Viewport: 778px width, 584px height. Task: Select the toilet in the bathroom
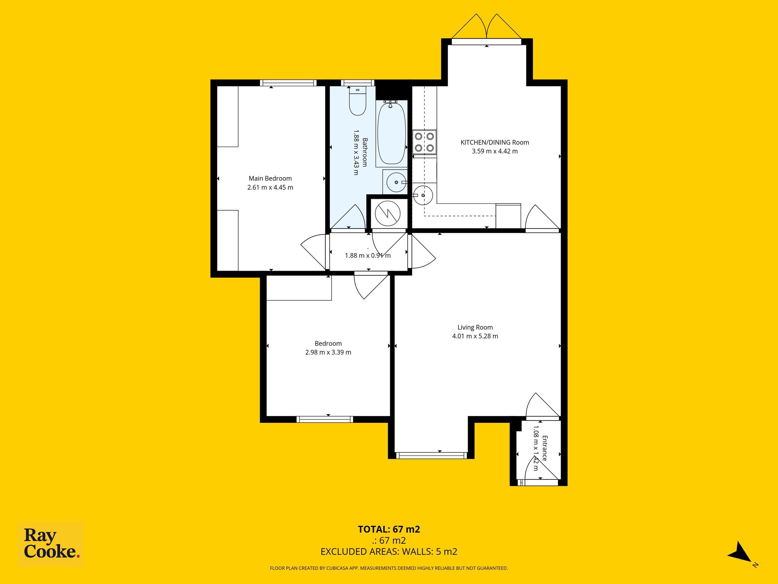pyautogui.click(x=357, y=101)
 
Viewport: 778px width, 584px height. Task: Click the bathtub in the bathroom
pyautogui.click(x=391, y=133)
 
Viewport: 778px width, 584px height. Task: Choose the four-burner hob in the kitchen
pyautogui.click(x=425, y=142)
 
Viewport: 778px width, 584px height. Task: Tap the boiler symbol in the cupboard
pyautogui.click(x=388, y=213)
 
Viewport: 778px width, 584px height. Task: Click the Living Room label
pyautogui.click(x=475, y=327)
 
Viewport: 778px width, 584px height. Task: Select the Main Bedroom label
pyautogui.click(x=270, y=178)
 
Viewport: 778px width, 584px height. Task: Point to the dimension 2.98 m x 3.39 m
pyautogui.click(x=328, y=352)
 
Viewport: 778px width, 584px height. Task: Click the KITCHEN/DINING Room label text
pyautogui.click(x=495, y=143)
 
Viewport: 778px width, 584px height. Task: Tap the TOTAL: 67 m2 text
pyautogui.click(x=389, y=529)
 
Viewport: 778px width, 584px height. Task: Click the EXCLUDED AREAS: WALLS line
pyautogui.click(x=389, y=552)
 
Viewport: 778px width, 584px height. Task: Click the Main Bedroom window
pyautogui.click(x=288, y=83)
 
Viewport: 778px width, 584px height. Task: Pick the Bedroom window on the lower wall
pyautogui.click(x=325, y=419)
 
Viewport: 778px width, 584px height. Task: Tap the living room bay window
pyautogui.click(x=431, y=455)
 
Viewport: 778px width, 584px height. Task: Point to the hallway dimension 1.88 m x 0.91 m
pyautogui.click(x=368, y=255)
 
